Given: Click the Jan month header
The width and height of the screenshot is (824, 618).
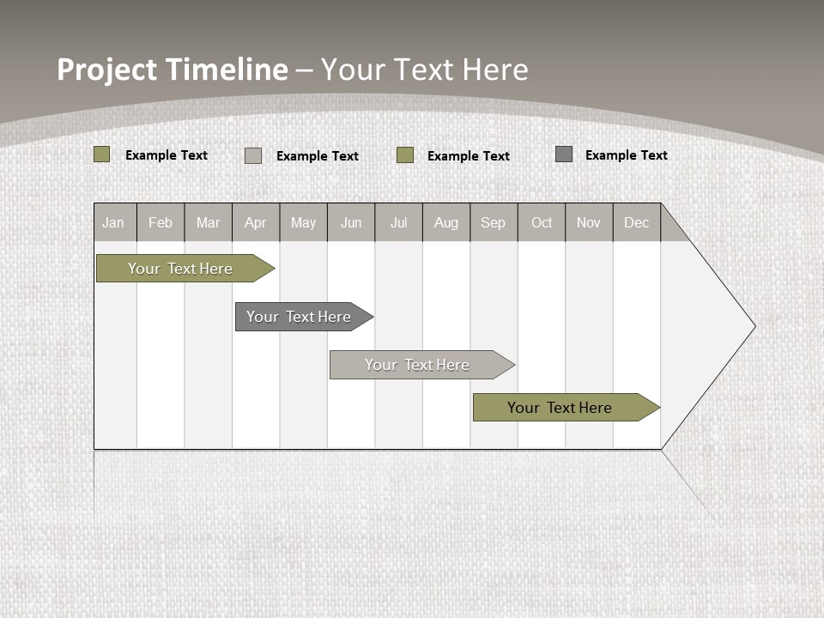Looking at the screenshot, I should coord(114,222).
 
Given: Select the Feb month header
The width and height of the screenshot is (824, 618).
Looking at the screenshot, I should coord(161,222).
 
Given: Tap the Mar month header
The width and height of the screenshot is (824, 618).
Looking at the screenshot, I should coord(208,222).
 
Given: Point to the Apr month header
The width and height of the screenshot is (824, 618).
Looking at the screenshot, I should coord(256,222).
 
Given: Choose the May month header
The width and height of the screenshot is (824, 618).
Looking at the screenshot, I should coord(303,222).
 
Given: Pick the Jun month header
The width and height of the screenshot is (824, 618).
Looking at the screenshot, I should coord(351,222).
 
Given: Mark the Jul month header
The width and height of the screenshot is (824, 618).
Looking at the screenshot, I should coord(398,222).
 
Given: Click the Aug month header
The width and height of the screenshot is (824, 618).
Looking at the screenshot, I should coord(446,222).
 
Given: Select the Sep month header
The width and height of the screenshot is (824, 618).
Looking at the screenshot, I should coord(494,222).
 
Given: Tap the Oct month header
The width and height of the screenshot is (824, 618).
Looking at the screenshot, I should coord(542,222).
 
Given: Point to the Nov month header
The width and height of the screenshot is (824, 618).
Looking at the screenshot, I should coord(589,222).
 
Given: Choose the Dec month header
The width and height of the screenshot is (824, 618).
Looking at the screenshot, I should coord(637,222).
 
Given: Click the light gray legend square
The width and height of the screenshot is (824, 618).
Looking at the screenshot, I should coord(253,155).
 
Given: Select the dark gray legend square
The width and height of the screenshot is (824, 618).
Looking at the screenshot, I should coord(564,154).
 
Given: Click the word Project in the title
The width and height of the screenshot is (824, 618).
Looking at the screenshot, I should coord(108,70).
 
